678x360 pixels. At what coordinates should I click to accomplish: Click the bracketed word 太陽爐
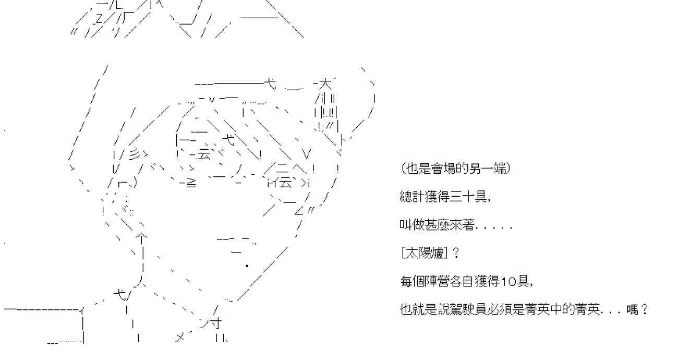pos(424,254)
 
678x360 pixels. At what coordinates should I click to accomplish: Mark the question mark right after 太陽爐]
pos(456,254)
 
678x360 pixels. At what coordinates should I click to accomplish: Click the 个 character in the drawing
pos(141,237)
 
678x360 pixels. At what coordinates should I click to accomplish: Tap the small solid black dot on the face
pos(247,266)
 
